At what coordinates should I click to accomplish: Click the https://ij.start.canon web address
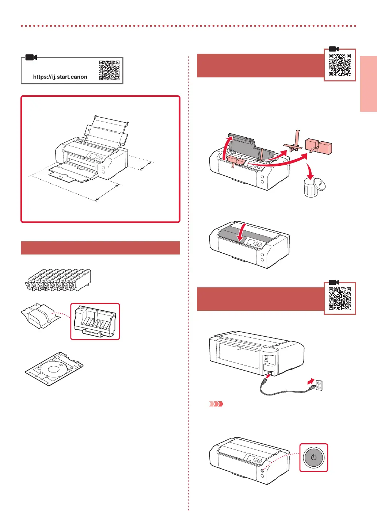(x=60, y=77)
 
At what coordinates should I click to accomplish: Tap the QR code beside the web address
(x=109, y=70)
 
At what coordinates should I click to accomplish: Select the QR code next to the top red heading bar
(x=340, y=65)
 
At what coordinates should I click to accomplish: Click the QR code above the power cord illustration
(x=340, y=298)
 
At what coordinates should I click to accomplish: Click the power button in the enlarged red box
(x=313, y=458)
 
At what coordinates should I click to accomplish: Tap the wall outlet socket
(x=319, y=385)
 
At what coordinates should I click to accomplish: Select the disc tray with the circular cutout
(x=54, y=368)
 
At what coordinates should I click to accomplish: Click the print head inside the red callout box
(x=95, y=321)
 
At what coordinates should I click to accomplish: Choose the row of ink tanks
(x=59, y=280)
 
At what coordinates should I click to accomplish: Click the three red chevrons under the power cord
(x=216, y=404)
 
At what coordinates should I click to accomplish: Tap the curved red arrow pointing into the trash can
(x=310, y=171)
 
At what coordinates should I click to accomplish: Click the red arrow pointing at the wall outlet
(x=311, y=382)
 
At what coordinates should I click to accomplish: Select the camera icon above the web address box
(x=31, y=57)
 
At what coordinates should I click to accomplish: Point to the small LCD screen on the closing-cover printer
(x=251, y=242)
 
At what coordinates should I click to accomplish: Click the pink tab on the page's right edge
(x=369, y=84)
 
